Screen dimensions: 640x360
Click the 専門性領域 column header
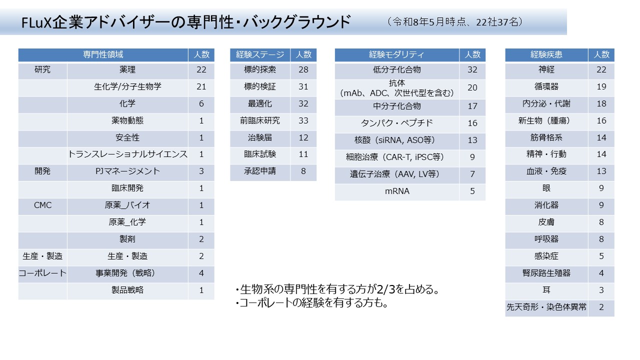[x=103, y=54]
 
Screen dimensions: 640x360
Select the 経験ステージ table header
[x=260, y=54]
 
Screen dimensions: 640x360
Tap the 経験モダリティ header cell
[x=397, y=54]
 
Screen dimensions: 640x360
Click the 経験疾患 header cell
[x=546, y=54]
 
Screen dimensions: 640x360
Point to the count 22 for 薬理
[x=201, y=69]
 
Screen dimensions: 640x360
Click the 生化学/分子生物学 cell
[x=127, y=86]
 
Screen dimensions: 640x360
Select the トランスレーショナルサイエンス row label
[x=127, y=154]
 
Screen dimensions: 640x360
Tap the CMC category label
[x=42, y=205]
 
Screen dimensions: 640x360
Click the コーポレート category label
[x=42, y=273]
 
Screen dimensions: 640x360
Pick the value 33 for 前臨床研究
[x=303, y=120]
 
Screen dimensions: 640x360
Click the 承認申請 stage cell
[x=260, y=171]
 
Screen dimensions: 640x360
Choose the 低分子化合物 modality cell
[x=397, y=69]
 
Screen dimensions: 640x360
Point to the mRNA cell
[x=397, y=191]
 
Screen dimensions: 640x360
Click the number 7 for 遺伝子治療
[x=472, y=174]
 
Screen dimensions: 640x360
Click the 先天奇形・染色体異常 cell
[x=546, y=307]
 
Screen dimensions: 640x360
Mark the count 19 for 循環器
[x=601, y=86]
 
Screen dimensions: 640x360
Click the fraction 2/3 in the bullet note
[x=385, y=289]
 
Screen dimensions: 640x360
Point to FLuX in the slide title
[x=36, y=22]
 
